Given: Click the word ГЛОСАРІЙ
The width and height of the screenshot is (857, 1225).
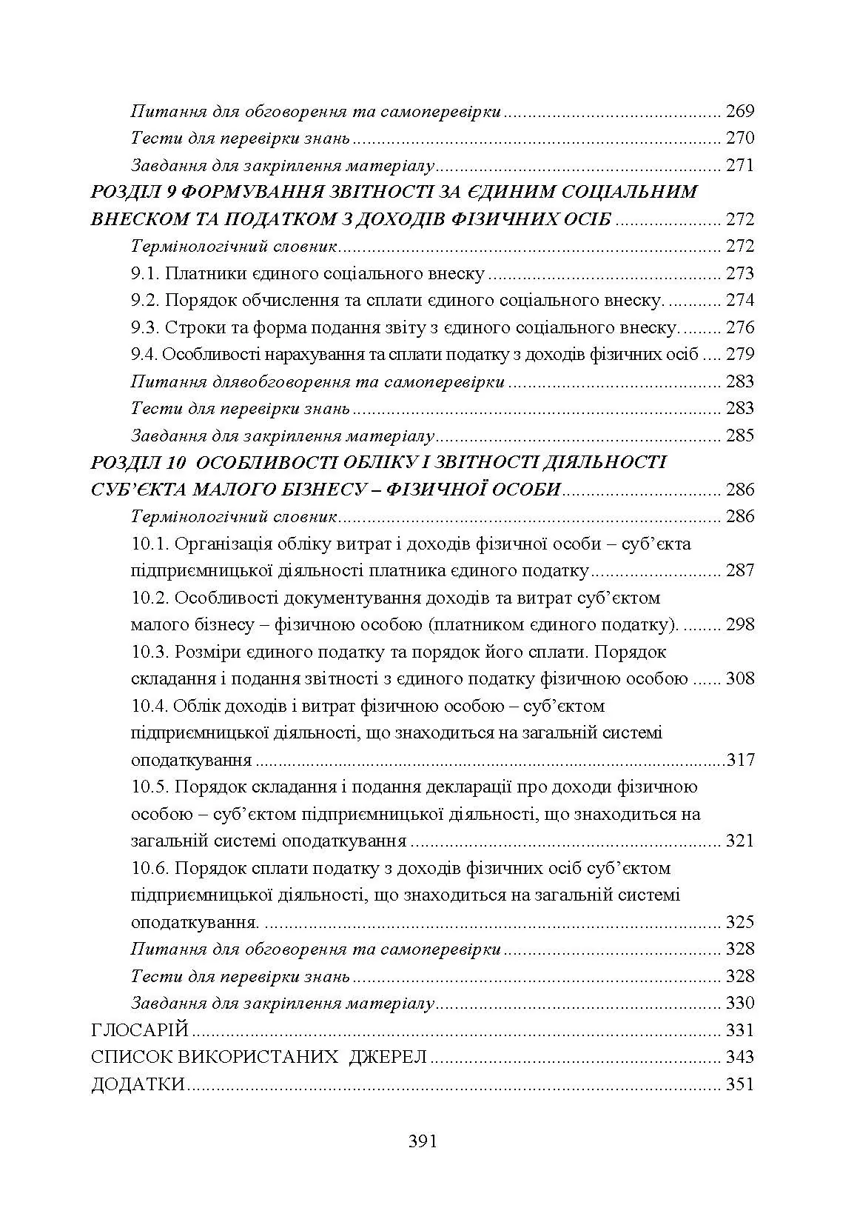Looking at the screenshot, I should (140, 1030).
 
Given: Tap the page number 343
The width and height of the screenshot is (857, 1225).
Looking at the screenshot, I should (739, 1057).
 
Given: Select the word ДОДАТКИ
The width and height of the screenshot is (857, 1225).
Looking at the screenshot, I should (138, 1084).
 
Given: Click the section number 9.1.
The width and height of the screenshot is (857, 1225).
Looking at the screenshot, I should (145, 274).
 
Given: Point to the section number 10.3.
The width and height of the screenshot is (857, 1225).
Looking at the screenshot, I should (150, 652).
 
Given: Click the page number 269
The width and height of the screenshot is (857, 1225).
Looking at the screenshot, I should (739, 112).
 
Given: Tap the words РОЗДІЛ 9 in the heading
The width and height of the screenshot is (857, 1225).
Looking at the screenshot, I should (132, 193).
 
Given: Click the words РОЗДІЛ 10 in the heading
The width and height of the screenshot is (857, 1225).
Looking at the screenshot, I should (137, 463).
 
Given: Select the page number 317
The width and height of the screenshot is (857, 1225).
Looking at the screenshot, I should (741, 760).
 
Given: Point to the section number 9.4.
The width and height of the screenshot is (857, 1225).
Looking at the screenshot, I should (144, 355).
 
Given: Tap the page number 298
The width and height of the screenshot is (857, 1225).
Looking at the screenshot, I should (739, 624).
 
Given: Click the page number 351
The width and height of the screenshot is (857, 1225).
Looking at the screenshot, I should (739, 1084).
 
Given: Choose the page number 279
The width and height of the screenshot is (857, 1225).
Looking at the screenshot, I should (739, 355).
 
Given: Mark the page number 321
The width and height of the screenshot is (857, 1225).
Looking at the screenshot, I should (739, 841).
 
